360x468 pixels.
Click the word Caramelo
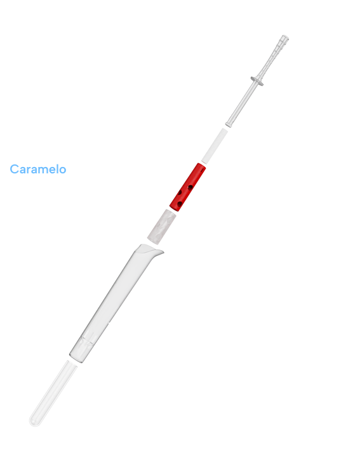38,169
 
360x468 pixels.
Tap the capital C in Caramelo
14,169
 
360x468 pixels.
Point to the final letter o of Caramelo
62,170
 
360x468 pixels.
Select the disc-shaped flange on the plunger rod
257,81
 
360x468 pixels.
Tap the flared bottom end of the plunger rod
229,124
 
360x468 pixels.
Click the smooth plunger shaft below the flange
243,103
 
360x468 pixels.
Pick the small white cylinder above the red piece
214,146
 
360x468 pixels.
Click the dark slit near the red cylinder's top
202,169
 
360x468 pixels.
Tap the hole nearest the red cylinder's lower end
180,204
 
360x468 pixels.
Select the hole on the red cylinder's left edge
180,193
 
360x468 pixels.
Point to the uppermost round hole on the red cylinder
190,187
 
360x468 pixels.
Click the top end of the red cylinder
201,166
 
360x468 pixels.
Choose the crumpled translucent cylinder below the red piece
161,227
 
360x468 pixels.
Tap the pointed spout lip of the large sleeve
160,252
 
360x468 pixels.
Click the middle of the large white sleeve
114,303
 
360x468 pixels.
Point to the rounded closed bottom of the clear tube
35,421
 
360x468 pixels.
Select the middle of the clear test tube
53,393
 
